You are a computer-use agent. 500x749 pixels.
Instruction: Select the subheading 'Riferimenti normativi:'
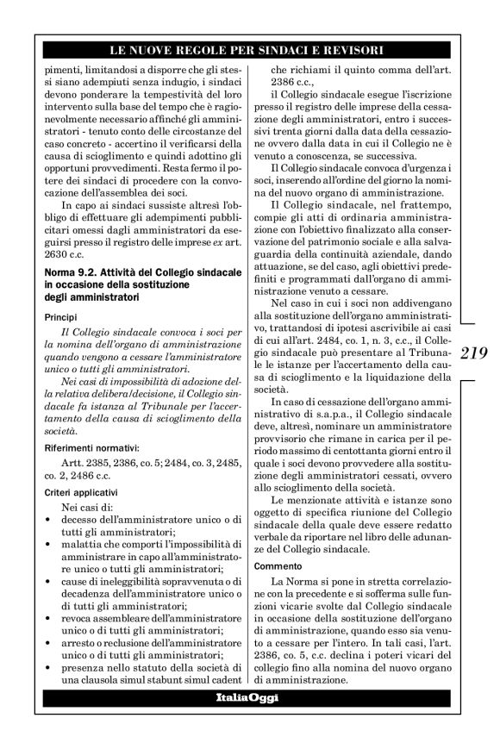[x=86, y=448]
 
